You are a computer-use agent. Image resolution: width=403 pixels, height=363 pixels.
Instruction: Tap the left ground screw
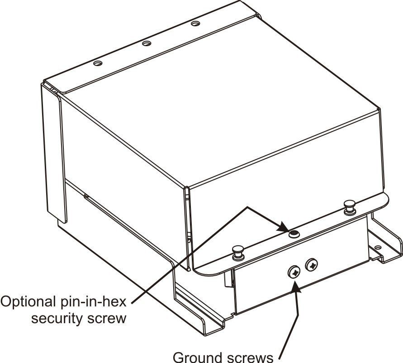[294, 272]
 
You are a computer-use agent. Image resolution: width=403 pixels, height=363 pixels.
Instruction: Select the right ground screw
[312, 264]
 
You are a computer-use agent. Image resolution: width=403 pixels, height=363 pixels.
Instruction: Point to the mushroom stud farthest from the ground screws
[350, 206]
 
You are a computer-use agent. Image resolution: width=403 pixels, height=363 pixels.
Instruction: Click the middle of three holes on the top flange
[146, 43]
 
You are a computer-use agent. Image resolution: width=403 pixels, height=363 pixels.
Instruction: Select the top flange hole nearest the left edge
[98, 63]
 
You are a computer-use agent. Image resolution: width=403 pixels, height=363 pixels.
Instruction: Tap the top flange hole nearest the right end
[195, 24]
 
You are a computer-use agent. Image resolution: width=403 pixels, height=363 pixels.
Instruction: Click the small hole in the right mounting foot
[378, 248]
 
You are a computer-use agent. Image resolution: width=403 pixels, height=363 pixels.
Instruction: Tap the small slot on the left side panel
[87, 197]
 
